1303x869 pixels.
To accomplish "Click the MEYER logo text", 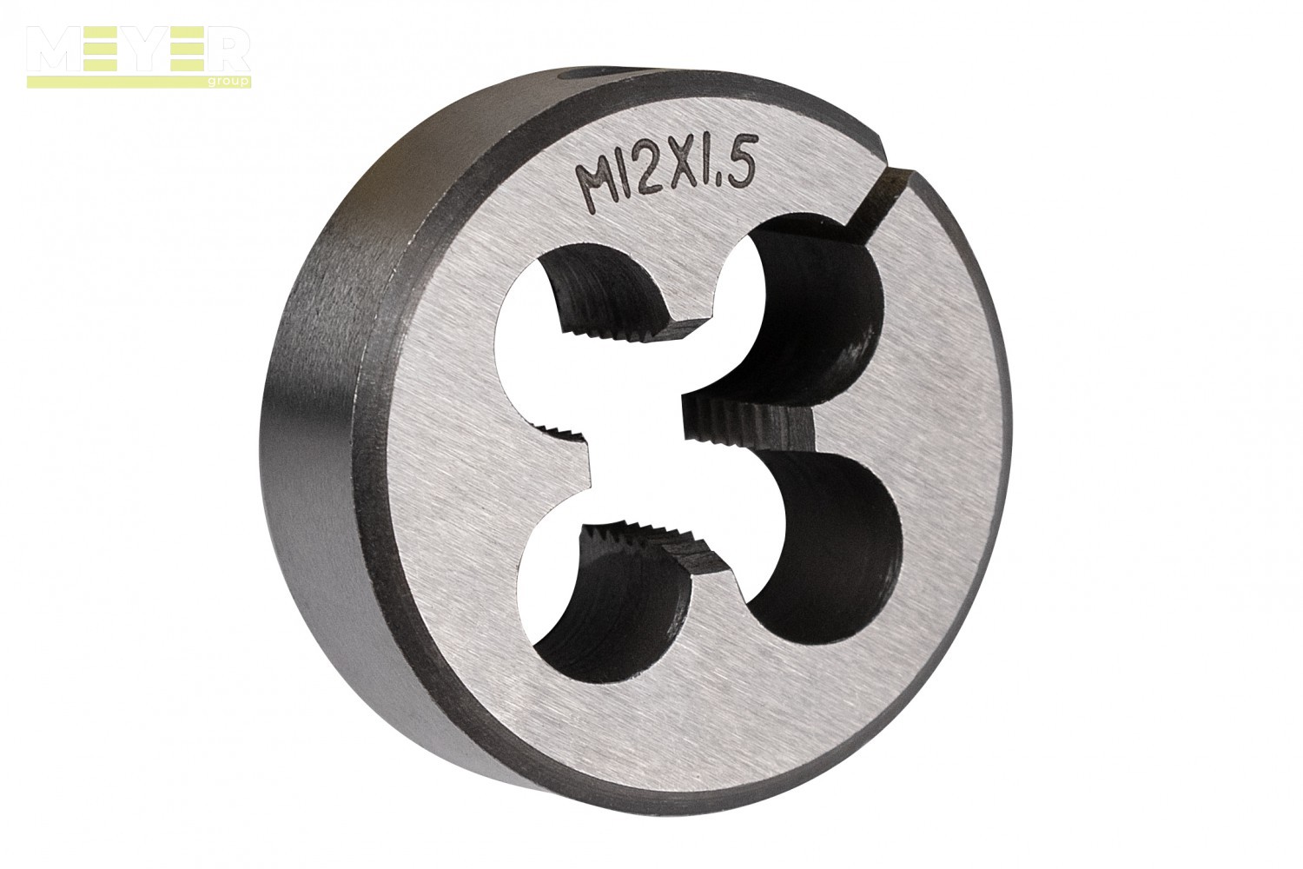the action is click(x=138, y=50).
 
